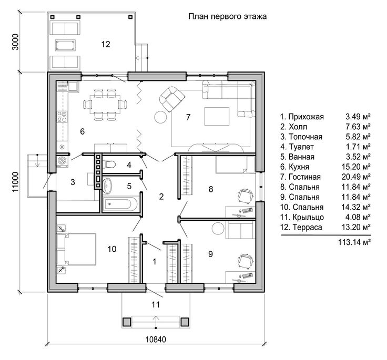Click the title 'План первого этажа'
227,16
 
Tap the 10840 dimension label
156,340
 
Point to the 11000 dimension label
15,182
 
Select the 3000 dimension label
15,42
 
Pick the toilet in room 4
109,164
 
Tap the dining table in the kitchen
105,104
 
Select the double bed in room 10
76,249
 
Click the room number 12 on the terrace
105,44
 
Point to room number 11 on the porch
156,305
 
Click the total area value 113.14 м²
354,242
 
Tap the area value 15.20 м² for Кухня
356,167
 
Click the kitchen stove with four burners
62,117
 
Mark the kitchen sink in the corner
73,87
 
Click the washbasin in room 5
107,186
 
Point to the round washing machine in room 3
62,161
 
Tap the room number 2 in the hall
161,197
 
